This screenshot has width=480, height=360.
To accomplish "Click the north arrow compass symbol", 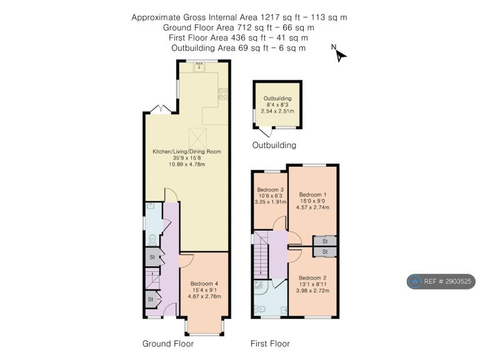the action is (x=339, y=54).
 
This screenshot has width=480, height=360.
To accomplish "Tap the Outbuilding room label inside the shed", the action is (x=277, y=98).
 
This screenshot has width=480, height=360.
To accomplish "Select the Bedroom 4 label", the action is (x=204, y=284).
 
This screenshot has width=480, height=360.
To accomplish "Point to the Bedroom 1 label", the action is (x=312, y=195).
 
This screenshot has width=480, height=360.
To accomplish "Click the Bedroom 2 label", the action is (x=312, y=278).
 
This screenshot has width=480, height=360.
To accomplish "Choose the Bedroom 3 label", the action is (x=270, y=189).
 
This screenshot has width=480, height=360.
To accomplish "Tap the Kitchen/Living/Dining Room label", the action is (x=187, y=151).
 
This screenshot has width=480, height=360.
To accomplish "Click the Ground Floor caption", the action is (x=168, y=344).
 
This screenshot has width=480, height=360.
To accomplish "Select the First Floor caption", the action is (x=270, y=344).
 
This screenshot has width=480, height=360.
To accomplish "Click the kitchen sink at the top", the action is (x=199, y=67).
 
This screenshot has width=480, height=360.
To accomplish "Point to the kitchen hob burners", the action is (x=223, y=94).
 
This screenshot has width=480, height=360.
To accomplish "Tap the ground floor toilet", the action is (x=152, y=240).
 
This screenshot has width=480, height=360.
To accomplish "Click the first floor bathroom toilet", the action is (x=259, y=310).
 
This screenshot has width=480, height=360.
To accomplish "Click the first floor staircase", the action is (x=261, y=255).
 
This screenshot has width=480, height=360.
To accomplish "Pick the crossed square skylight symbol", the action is (x=198, y=138).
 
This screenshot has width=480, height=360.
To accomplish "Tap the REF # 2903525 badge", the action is (x=441, y=281).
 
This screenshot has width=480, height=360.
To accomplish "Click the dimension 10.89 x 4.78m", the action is (x=187, y=164).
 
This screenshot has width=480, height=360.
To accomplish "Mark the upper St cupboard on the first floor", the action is (x=325, y=241).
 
